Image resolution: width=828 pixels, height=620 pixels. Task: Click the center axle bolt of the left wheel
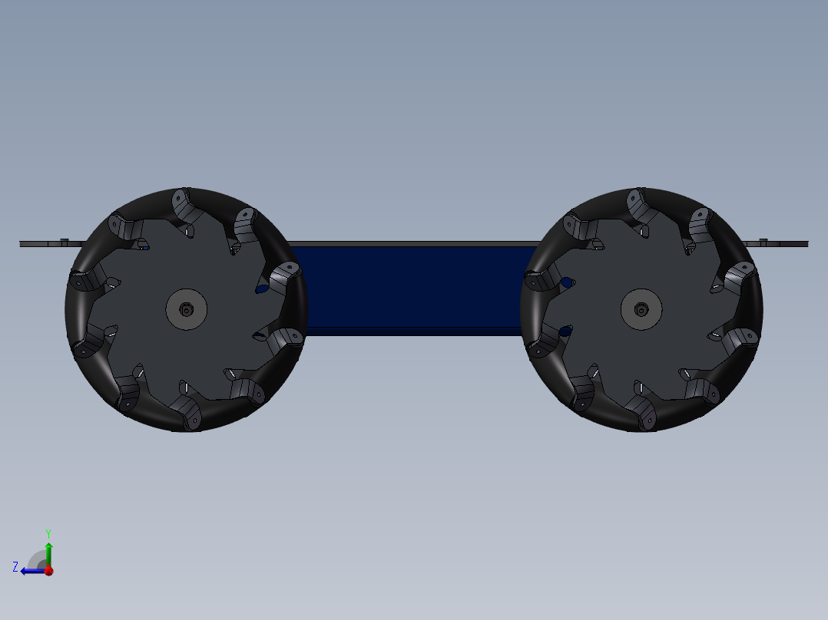pos(187,309)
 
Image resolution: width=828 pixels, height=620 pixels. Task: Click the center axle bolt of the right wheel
pos(641,309)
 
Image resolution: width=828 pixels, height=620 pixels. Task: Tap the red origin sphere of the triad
pos(48,570)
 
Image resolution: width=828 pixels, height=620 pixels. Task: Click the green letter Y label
pos(48,533)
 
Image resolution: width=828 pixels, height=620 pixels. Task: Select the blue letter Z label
pos(15,567)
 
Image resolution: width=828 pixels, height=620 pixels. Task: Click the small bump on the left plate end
pos(64,240)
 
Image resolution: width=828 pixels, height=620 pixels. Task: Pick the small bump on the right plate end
pos(763,241)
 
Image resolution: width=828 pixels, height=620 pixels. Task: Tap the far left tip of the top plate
pos(22,244)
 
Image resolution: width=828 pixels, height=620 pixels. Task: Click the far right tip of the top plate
pos(806,244)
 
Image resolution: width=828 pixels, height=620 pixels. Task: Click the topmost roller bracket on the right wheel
pos(637,203)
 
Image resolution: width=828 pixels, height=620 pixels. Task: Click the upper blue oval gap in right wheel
pos(567,282)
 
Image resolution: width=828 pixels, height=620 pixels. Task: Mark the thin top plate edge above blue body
pos(415,244)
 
